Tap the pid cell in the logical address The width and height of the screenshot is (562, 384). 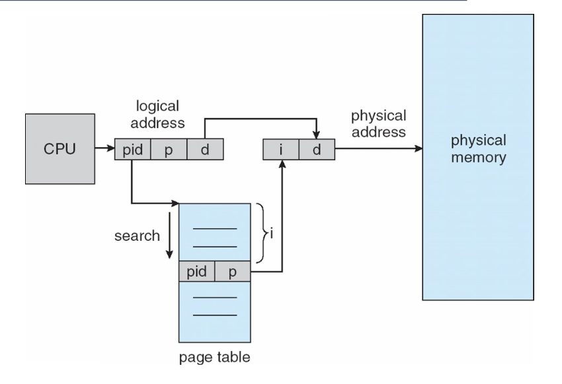point(132,149)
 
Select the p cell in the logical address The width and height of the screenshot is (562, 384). point(169,149)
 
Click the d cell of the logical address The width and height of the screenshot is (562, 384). point(206,149)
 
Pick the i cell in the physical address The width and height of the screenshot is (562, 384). point(281,149)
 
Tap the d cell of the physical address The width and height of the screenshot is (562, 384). point(316,149)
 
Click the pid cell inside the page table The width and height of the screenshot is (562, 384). point(196,272)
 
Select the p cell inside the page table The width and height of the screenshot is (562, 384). point(233,272)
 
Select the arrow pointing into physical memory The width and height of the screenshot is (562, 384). point(377,149)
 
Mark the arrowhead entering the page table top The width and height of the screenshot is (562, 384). point(176,203)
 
